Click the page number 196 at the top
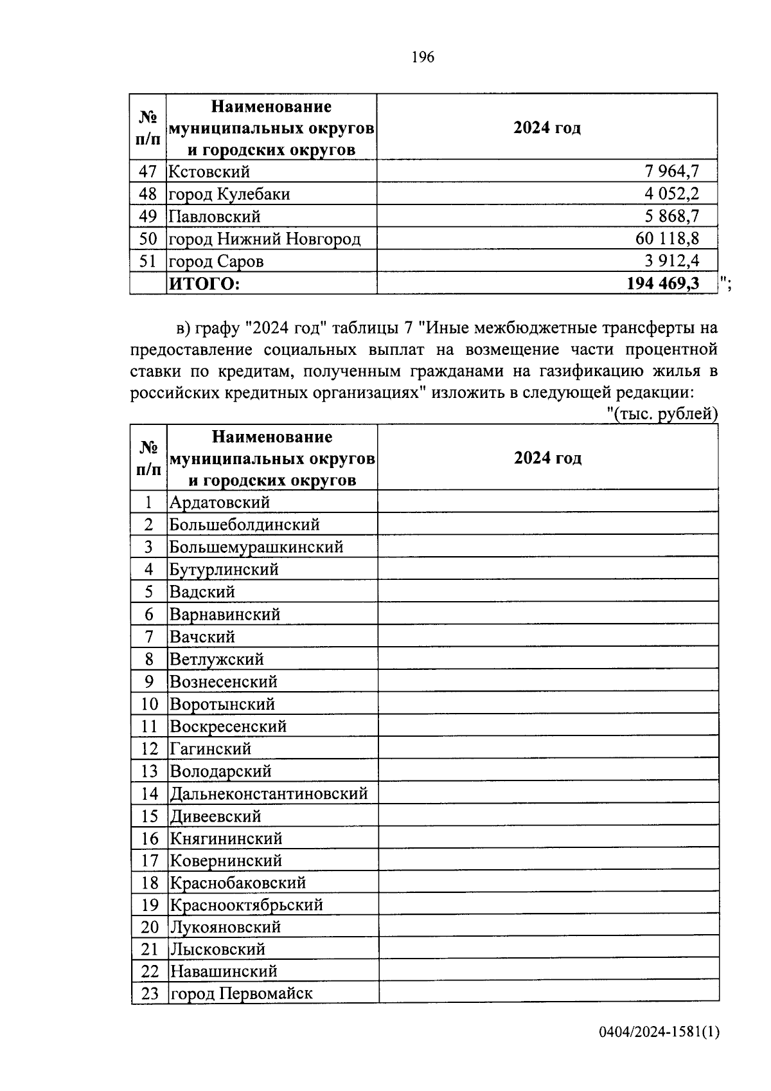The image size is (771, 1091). [422, 57]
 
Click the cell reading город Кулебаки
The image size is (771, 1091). [229, 194]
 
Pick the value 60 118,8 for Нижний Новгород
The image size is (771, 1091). [667, 239]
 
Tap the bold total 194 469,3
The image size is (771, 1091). [663, 284]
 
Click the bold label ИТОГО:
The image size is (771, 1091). [204, 284]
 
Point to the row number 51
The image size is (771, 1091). [148, 261]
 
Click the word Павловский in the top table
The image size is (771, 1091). [215, 217]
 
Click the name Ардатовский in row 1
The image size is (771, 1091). [220, 502]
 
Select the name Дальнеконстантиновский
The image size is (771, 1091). [269, 793]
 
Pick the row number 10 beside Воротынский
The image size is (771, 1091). [148, 704]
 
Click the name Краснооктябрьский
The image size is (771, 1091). [246, 905]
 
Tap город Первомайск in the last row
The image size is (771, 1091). [241, 993]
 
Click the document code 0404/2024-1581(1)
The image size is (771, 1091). [659, 1032]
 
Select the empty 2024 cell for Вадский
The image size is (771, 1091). [547, 591]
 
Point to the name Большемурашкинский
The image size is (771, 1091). [256, 547]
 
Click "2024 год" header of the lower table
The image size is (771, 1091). [547, 458]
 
